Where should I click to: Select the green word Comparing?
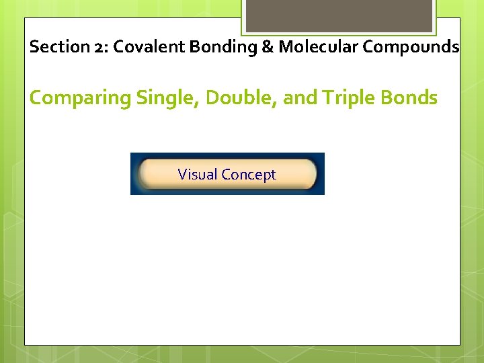tap(80, 98)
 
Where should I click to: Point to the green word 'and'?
tap(299, 98)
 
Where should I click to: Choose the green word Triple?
tap(348, 98)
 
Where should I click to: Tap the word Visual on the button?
tap(198, 175)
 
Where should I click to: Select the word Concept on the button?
tap(249, 175)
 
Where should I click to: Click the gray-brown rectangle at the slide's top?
tap(338, 15)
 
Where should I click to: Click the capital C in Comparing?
tap(36, 98)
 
